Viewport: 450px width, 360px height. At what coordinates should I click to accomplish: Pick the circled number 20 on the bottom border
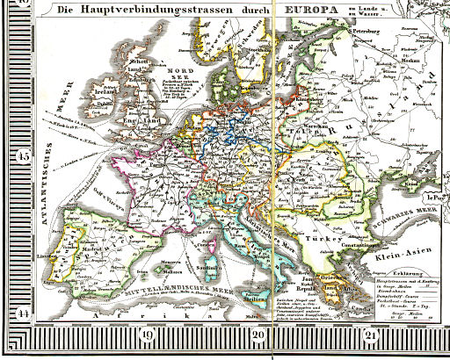pos(258,333)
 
